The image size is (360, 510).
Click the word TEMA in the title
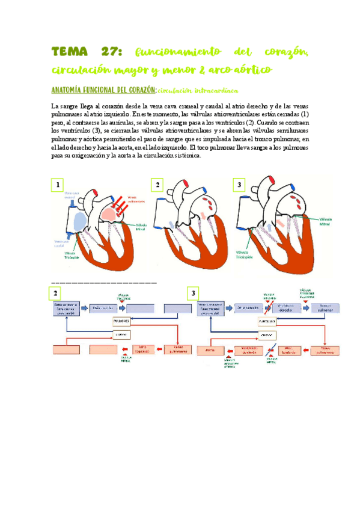[70, 51]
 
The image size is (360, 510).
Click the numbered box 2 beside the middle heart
[157, 185]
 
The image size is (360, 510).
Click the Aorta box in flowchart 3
[210, 349]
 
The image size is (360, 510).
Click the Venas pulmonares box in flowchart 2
[178, 349]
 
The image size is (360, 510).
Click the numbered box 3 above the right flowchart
[193, 293]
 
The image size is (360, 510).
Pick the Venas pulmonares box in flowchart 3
[325, 349]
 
